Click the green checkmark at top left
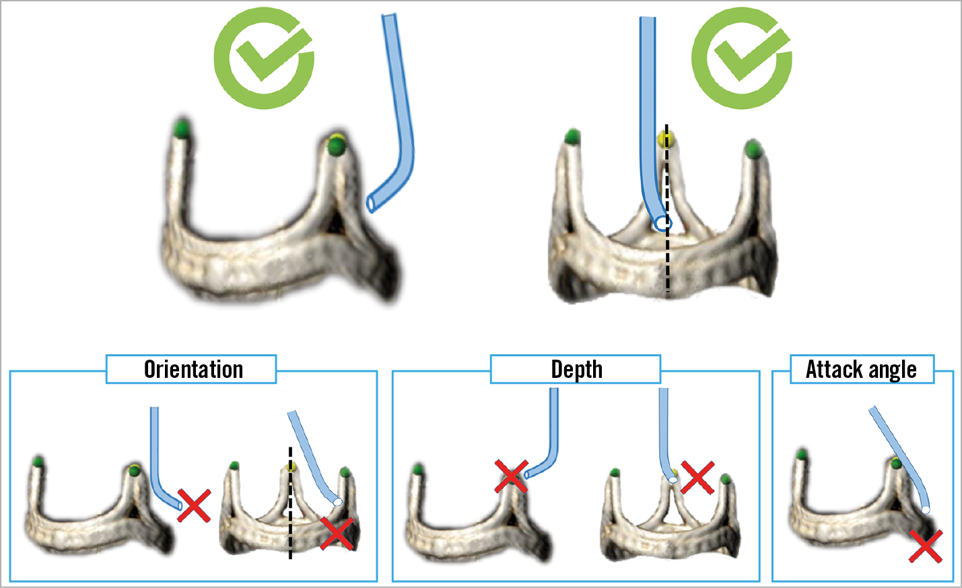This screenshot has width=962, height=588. pos(264,58)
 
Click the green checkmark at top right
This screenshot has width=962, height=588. pos(741,58)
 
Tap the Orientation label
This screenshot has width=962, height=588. pos(193,369)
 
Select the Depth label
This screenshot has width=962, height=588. pos(576,369)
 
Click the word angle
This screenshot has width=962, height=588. pos(892,369)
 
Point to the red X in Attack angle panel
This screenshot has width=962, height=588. pos(925,546)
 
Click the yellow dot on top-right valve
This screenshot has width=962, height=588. pos(666,139)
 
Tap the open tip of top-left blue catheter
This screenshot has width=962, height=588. pos(371,203)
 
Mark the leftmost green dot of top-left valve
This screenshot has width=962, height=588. pos(182,127)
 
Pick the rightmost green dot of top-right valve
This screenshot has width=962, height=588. pos(753,148)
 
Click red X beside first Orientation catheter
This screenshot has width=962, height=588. pos(194,506)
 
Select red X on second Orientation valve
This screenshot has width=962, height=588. pos(337,533)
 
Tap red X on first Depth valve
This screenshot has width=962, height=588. pos(512,476)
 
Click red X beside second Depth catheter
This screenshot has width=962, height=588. pos(697,478)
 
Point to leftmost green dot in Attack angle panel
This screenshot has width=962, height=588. pos(801,455)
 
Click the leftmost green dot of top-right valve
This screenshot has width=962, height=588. pos(572,137)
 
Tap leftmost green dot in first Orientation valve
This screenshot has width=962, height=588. pos(38,461)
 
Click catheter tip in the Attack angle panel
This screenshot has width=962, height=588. pos(926,510)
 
